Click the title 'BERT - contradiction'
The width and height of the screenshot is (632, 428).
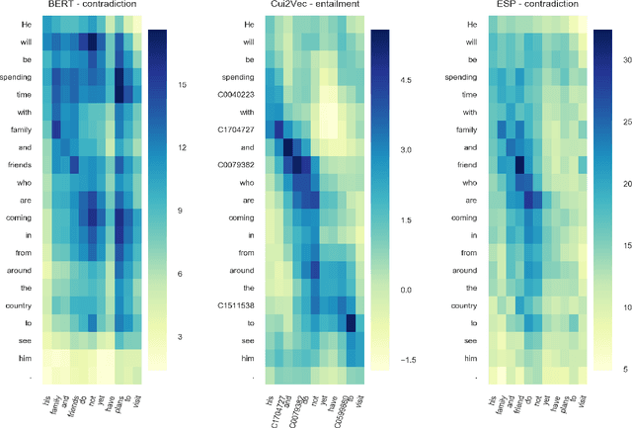[94, 6]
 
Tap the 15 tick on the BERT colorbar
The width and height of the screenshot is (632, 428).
[182, 85]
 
